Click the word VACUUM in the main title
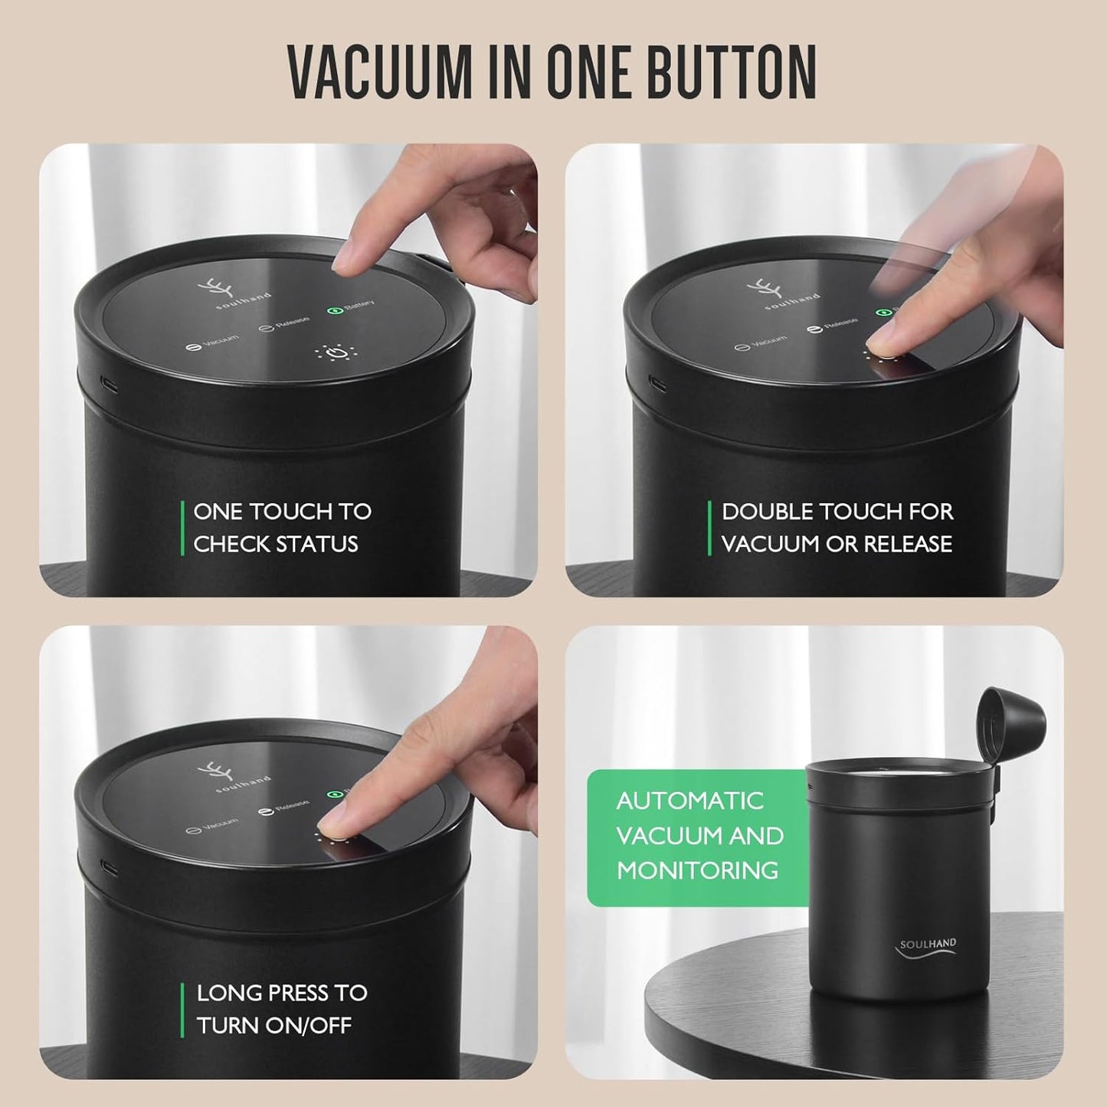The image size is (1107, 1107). (x=380, y=72)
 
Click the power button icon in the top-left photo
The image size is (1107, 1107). (x=335, y=354)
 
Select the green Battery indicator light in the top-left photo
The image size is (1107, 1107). (x=334, y=312)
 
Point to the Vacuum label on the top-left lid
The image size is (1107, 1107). (x=214, y=342)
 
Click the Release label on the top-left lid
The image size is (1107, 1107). (x=285, y=324)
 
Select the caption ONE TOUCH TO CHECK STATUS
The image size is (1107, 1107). (x=282, y=528)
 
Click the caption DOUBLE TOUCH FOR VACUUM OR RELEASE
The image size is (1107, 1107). (x=837, y=528)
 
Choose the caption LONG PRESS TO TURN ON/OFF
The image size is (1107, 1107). (x=281, y=1009)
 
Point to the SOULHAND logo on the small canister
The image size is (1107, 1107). (x=927, y=947)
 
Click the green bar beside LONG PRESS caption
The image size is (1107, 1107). (x=183, y=1009)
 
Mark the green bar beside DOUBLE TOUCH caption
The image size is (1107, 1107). (x=709, y=528)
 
